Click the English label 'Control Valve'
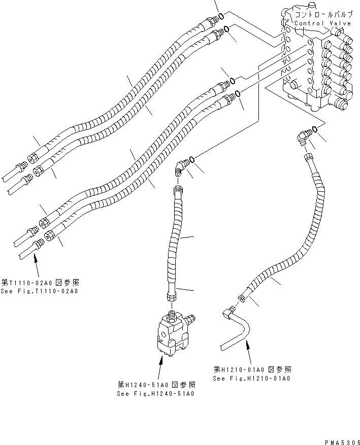click(x=319, y=23)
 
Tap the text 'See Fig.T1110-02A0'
click(x=40, y=291)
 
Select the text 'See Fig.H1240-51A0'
click(x=156, y=393)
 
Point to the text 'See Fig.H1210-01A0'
click(x=251, y=379)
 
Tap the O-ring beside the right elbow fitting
click(x=315, y=129)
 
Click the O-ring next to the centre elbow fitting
click(x=192, y=159)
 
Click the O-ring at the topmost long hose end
click(x=222, y=17)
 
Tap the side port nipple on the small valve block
click(x=191, y=319)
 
